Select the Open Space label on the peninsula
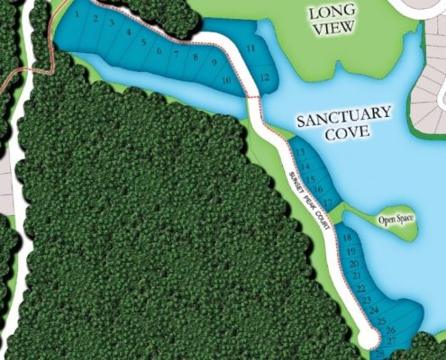[395, 220]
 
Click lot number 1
[79, 15]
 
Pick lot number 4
[130, 32]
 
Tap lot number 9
[214, 64]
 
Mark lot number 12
[263, 77]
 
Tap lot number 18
[348, 237]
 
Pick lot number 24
[372, 310]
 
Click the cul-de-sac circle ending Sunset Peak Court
[369, 337]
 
